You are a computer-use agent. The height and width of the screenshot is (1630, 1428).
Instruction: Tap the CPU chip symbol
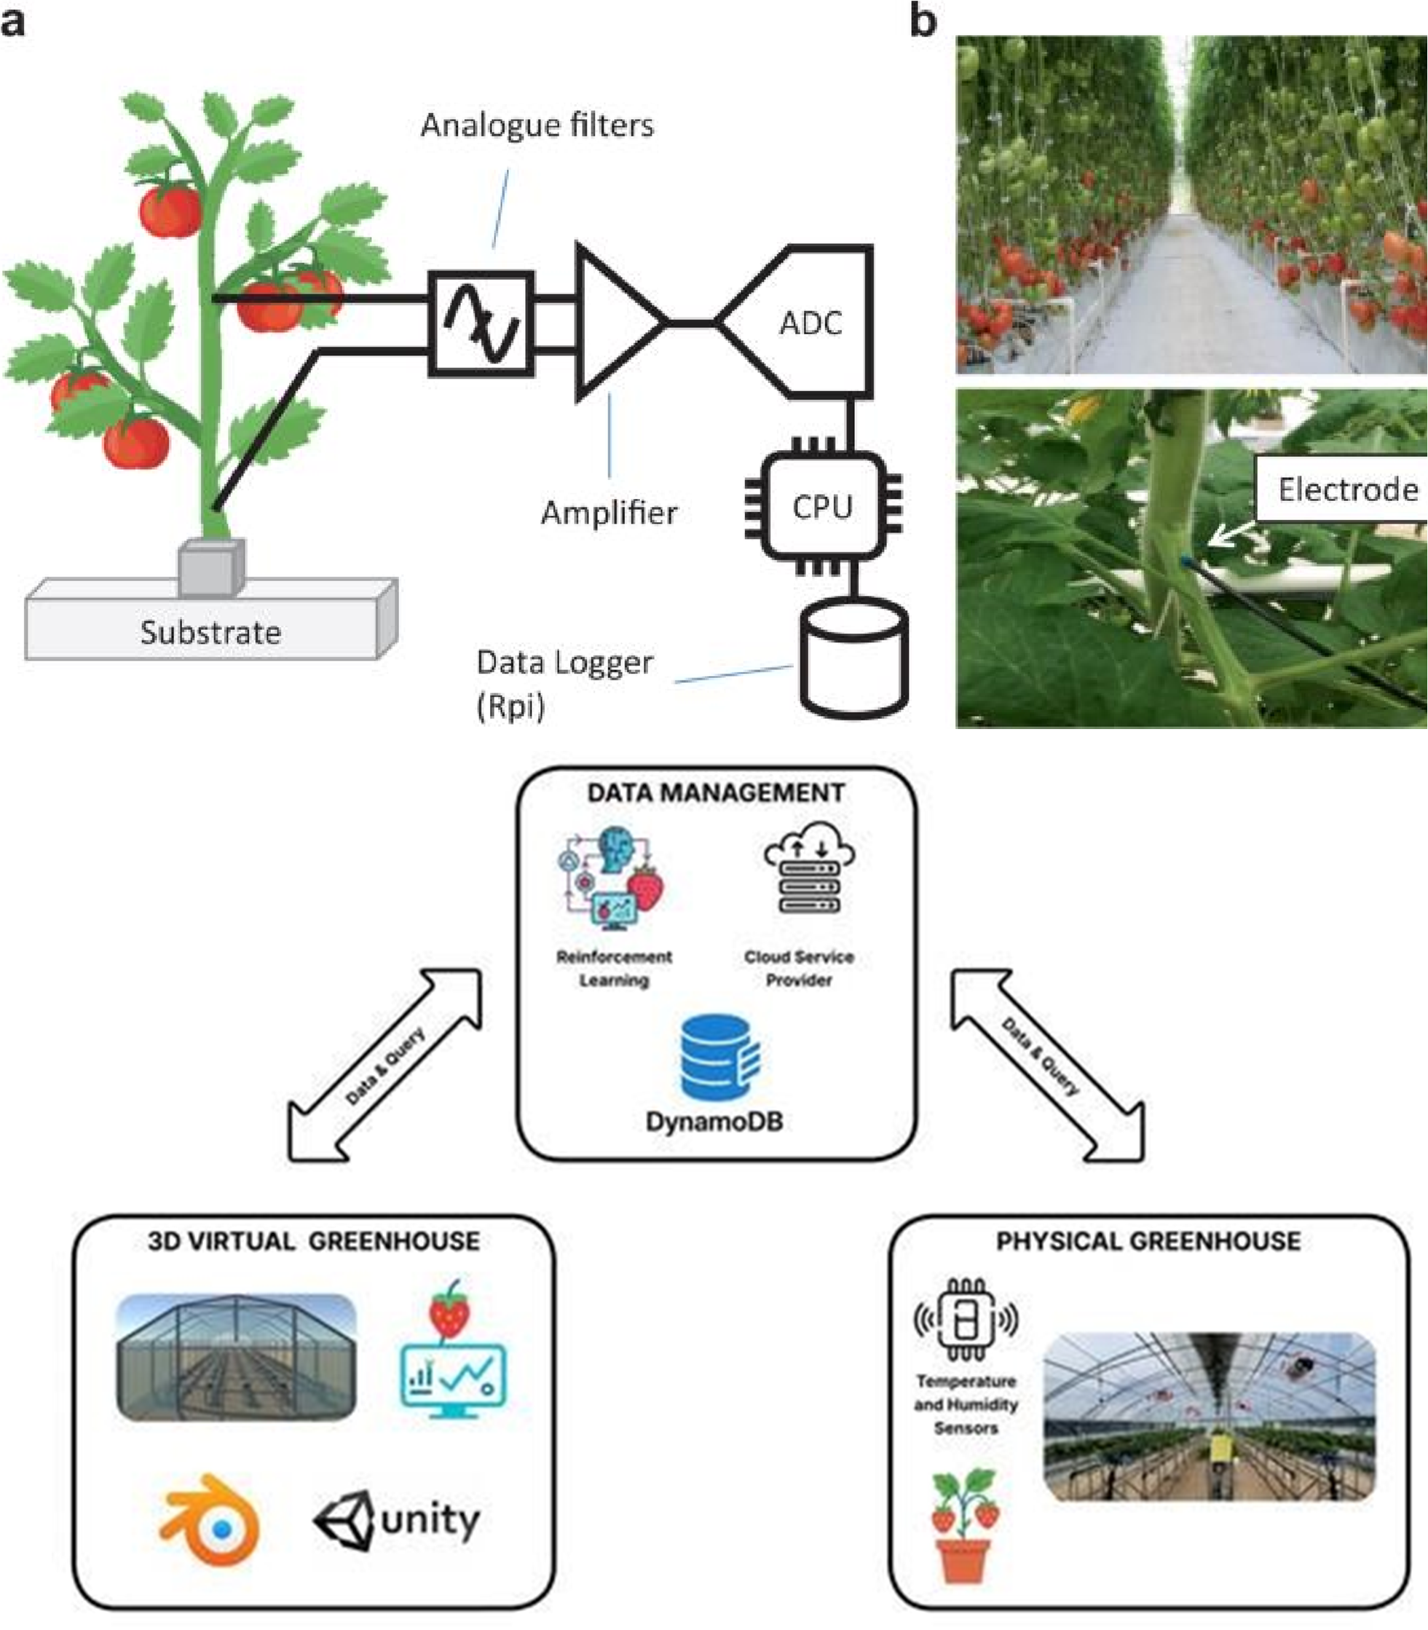coord(822,507)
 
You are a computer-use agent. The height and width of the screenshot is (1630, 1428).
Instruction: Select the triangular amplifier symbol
coord(615,322)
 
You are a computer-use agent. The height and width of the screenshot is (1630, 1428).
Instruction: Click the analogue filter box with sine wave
coord(481,323)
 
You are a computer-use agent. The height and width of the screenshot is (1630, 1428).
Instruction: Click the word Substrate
coord(210,632)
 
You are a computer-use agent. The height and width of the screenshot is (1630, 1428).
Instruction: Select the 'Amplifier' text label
coord(609,512)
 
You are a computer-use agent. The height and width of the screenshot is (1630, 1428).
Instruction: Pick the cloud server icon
coord(809,869)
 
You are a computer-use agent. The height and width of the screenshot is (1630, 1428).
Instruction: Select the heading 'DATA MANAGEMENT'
coord(716,793)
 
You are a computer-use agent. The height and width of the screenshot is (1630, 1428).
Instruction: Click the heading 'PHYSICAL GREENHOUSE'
coord(1148,1241)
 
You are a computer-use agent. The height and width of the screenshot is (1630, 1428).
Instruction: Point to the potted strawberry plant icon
coord(965,1522)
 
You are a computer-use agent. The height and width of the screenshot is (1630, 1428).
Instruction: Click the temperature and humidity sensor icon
coord(965,1319)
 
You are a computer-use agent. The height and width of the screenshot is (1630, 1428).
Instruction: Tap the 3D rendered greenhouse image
coord(236,1357)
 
